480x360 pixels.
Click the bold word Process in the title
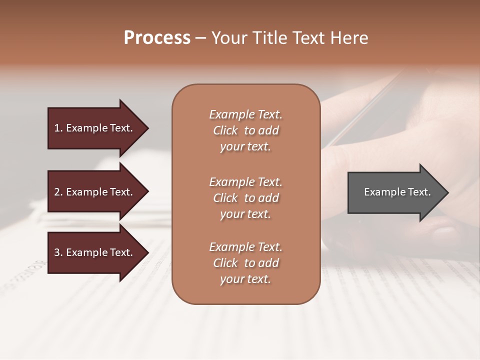pos(157,38)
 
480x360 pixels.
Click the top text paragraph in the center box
pos(245,130)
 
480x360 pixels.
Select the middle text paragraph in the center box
pos(245,198)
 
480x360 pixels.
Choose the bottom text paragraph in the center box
pos(245,263)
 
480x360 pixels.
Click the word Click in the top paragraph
pos(225,130)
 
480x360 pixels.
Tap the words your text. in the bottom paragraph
pos(245,279)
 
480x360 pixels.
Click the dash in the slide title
pos(201,38)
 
